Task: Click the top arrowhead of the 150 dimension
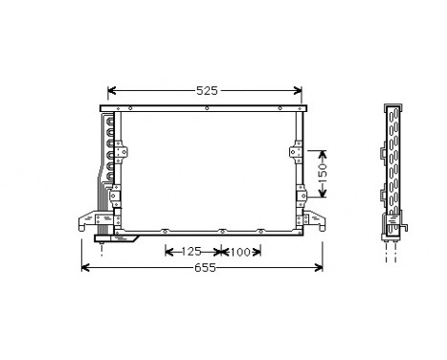[323, 152]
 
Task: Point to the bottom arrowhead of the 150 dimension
[323, 202]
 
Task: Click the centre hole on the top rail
[208, 107]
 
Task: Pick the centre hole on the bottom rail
[220, 232]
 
